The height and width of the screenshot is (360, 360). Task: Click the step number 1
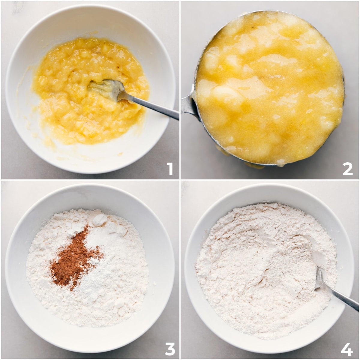click(170, 169)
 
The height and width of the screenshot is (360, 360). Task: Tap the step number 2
click(348, 169)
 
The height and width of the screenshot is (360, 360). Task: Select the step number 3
click(170, 349)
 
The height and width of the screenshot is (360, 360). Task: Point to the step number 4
click(347, 349)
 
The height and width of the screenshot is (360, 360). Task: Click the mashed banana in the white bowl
click(75, 90)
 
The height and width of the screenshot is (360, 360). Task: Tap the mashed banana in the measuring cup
click(270, 90)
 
